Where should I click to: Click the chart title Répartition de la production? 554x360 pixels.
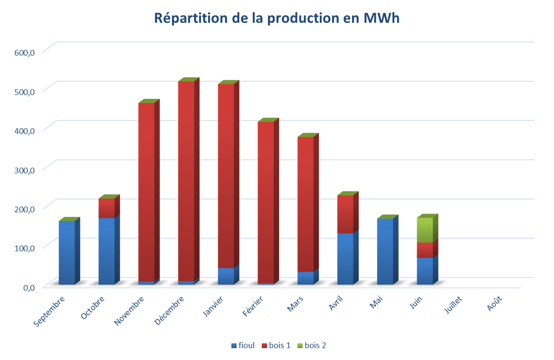tap(277, 19)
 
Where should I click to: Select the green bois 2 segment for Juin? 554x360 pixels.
tap(424, 230)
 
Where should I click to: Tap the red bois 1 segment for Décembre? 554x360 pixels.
tap(186, 180)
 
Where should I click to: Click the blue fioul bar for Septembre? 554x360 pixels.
tap(67, 253)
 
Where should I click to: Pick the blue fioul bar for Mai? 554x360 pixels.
tap(385, 252)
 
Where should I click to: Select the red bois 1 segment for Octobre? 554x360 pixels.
tap(106, 208)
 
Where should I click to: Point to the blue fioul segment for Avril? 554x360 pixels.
tap(345, 259)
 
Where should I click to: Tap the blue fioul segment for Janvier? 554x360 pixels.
tap(226, 276)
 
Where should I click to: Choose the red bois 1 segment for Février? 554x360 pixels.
tap(266, 202)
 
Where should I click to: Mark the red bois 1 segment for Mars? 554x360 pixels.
tap(306, 204)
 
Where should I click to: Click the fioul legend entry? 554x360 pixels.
tap(243, 346)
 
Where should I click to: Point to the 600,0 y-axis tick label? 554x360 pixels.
tap(25, 52)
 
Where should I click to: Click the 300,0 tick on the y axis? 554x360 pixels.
tap(25, 170)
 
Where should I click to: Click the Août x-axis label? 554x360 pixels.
tap(494, 303)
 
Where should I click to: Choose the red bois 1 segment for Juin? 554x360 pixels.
tap(424, 250)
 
